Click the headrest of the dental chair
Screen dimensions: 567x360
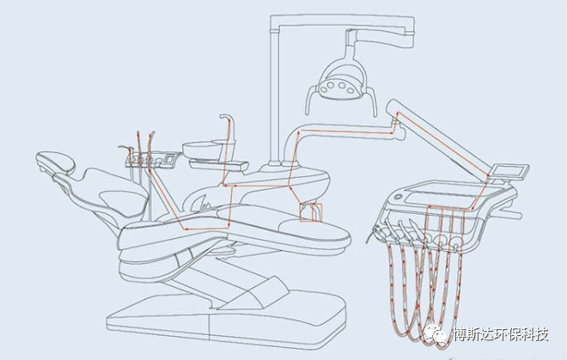click(56, 162)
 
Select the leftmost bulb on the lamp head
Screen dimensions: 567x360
click(322, 88)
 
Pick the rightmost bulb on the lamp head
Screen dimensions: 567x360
click(351, 90)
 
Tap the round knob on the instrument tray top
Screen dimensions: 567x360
click(398, 198)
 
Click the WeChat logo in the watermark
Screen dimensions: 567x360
click(435, 334)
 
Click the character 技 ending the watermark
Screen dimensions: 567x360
click(540, 335)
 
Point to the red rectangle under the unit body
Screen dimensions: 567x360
click(311, 212)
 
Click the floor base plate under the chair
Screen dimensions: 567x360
click(227, 320)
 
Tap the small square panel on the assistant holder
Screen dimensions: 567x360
click(168, 158)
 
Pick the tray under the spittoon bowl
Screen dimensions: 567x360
click(218, 165)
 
